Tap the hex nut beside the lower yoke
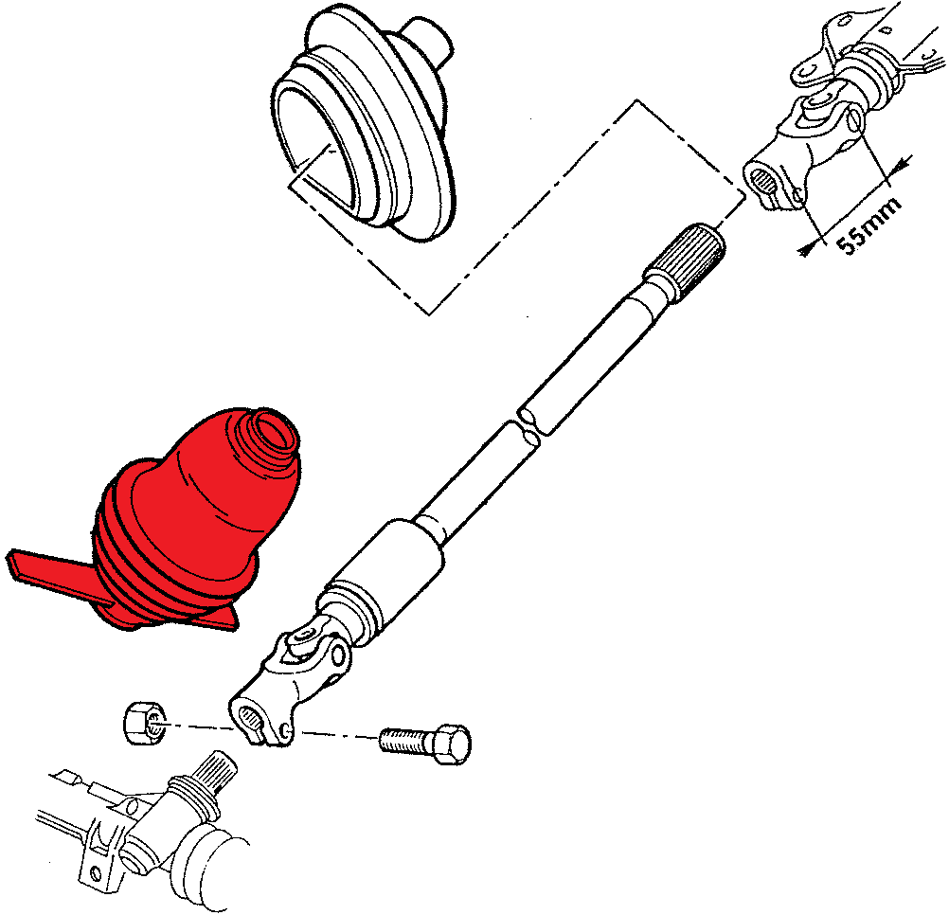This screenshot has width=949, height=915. pos(145,723)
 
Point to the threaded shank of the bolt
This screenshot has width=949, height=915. pos(403,740)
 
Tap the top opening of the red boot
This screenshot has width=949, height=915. pos(273,431)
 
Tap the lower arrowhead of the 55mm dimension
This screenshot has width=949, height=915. pos(807,248)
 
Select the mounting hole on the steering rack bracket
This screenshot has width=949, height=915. pos(95,873)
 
